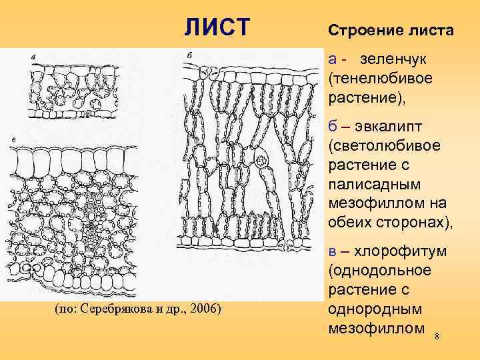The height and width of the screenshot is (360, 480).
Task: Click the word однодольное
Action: coord(380,272)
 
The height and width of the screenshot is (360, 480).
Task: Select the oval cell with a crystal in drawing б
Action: coord(261,160)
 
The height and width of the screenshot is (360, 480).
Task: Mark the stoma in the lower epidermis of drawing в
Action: coord(27,268)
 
